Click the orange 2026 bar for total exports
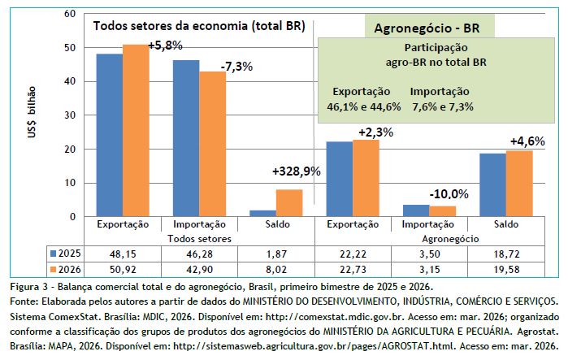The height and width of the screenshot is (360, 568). pos(136,130)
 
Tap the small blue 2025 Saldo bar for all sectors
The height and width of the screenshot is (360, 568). pos(262,213)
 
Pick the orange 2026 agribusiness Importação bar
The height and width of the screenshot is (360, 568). pos(444,211)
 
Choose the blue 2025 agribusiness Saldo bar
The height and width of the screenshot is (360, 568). pos(493,184)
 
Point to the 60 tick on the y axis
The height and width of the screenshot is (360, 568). pos(69,14)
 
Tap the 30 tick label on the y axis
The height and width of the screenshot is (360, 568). pos(69,115)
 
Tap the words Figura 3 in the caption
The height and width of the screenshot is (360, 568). pos(28,287)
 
